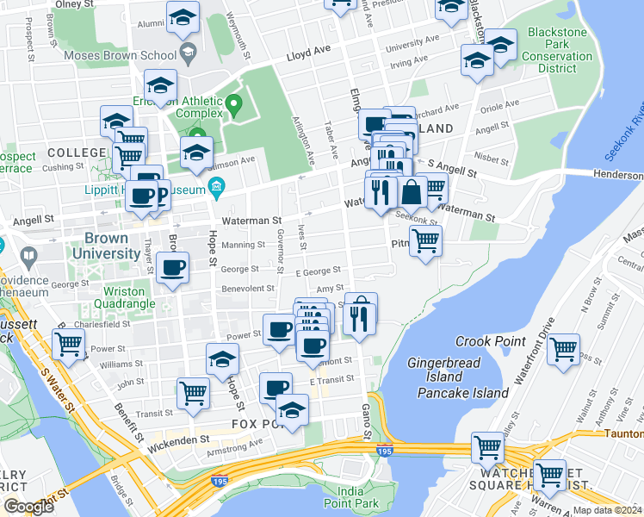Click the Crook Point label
(x=490, y=341)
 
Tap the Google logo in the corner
(x=29, y=506)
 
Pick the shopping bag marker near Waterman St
(x=412, y=193)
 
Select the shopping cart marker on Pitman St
(x=424, y=241)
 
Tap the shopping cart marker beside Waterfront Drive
(x=563, y=350)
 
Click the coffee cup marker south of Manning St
(x=173, y=268)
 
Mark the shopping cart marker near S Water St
(x=67, y=345)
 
